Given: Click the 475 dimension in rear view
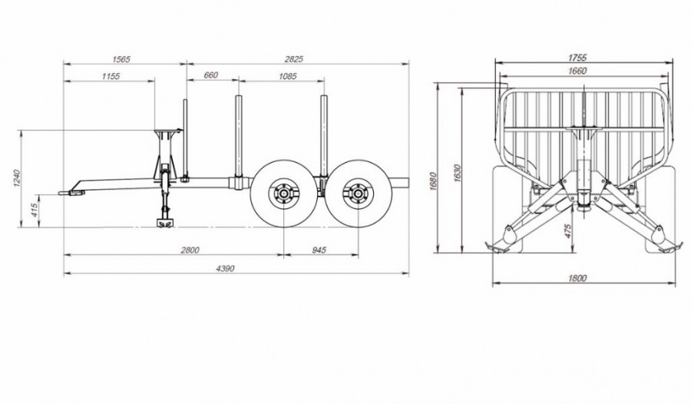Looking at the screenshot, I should tap(568, 231).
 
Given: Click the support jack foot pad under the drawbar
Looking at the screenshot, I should tap(164, 224).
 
